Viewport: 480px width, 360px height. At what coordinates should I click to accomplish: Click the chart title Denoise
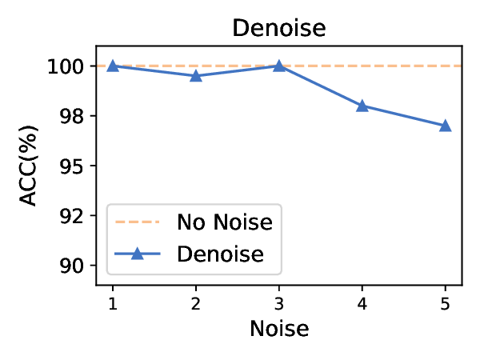coord(279,28)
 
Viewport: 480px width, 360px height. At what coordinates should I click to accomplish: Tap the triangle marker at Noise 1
coord(113,66)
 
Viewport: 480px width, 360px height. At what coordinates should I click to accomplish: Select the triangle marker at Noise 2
coord(196,76)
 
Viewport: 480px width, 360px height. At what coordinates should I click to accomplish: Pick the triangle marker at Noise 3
coord(279,66)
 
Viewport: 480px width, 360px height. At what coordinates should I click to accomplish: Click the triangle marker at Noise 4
coord(362,106)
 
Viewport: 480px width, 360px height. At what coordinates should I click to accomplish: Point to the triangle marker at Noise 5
coord(446,126)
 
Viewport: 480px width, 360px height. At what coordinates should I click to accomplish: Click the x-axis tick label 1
coord(113,303)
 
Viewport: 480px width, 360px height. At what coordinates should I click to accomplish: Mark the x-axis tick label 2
coord(196,303)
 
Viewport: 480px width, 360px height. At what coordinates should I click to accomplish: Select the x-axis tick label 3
coord(279,303)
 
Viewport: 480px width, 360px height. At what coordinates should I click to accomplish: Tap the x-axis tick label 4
coord(362,303)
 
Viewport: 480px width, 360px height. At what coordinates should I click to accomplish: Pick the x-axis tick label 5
coord(446,303)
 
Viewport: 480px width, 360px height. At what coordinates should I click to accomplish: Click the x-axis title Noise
coord(279,329)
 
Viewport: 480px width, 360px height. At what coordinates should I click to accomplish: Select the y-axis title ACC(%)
coord(29,166)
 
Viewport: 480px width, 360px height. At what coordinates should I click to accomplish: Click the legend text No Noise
coord(225,222)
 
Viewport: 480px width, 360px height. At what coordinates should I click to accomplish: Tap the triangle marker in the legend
coord(136,254)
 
